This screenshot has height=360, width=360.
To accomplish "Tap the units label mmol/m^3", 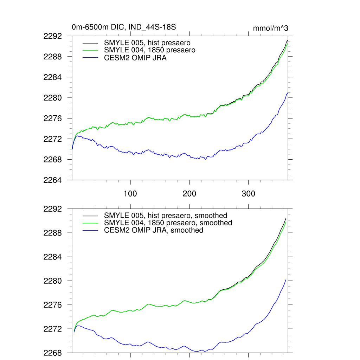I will (x=270, y=28).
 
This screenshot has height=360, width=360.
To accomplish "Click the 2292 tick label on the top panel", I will (x=53, y=36).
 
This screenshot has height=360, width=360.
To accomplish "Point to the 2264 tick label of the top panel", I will (x=53, y=180).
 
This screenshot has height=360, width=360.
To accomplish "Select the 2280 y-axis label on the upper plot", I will (x=53, y=98).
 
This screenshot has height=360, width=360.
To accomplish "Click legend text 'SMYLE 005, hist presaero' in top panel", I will (x=147, y=43).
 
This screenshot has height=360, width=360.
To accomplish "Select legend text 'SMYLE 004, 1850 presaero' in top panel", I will (x=149, y=50).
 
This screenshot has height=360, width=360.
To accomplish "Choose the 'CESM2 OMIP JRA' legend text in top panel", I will (x=135, y=58).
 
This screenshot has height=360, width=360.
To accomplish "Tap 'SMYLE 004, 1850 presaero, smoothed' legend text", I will (x=168, y=223).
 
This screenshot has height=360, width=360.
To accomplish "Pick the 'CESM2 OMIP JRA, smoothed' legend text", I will (x=154, y=230).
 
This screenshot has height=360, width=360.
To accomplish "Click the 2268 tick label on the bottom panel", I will (x=53, y=353).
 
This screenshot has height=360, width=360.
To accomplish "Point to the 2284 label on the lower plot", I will (x=53, y=257).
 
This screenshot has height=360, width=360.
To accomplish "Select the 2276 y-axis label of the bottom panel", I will (x=53, y=305).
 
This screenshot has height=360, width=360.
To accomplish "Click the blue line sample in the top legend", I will (x=90, y=58).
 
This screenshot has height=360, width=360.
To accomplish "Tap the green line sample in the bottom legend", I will (x=90, y=223).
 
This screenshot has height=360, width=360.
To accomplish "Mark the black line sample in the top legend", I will (x=90, y=43).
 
